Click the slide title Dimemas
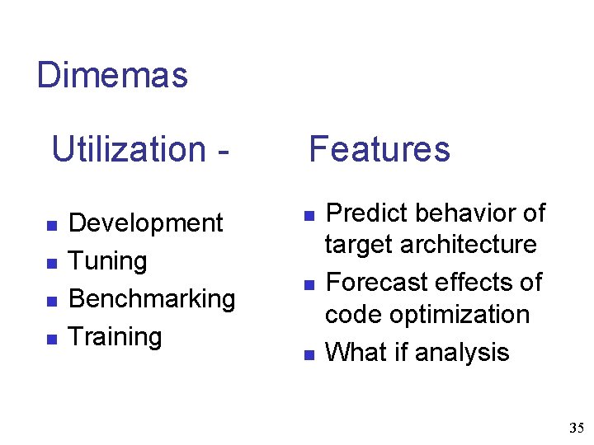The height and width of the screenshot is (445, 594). pyautogui.click(x=113, y=76)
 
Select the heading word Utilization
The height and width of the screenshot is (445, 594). pyautogui.click(x=128, y=150)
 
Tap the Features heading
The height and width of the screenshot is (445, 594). pyautogui.click(x=379, y=150)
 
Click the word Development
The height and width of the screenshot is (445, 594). pyautogui.click(x=146, y=223)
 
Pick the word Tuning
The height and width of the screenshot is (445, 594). pyautogui.click(x=108, y=261)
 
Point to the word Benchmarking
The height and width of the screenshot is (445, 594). pyautogui.click(x=152, y=299)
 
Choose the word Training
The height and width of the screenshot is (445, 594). pyautogui.click(x=115, y=336)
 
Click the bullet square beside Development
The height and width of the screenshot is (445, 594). pyautogui.click(x=50, y=225)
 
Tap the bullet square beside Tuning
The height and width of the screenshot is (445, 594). pyautogui.click(x=50, y=263)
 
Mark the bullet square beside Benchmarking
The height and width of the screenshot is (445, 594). pyautogui.click(x=50, y=301)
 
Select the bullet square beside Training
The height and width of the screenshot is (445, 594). pyautogui.click(x=50, y=338)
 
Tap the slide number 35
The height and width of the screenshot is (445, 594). pyautogui.click(x=576, y=428)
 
